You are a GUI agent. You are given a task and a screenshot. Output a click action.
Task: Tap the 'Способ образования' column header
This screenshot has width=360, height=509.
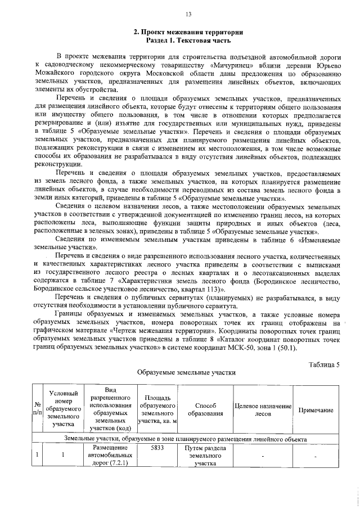click(x=205, y=409)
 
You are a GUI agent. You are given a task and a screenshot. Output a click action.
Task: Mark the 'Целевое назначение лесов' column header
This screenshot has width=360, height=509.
click(x=263, y=409)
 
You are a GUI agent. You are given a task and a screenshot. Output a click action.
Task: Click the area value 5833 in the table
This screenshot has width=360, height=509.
click(x=157, y=448)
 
